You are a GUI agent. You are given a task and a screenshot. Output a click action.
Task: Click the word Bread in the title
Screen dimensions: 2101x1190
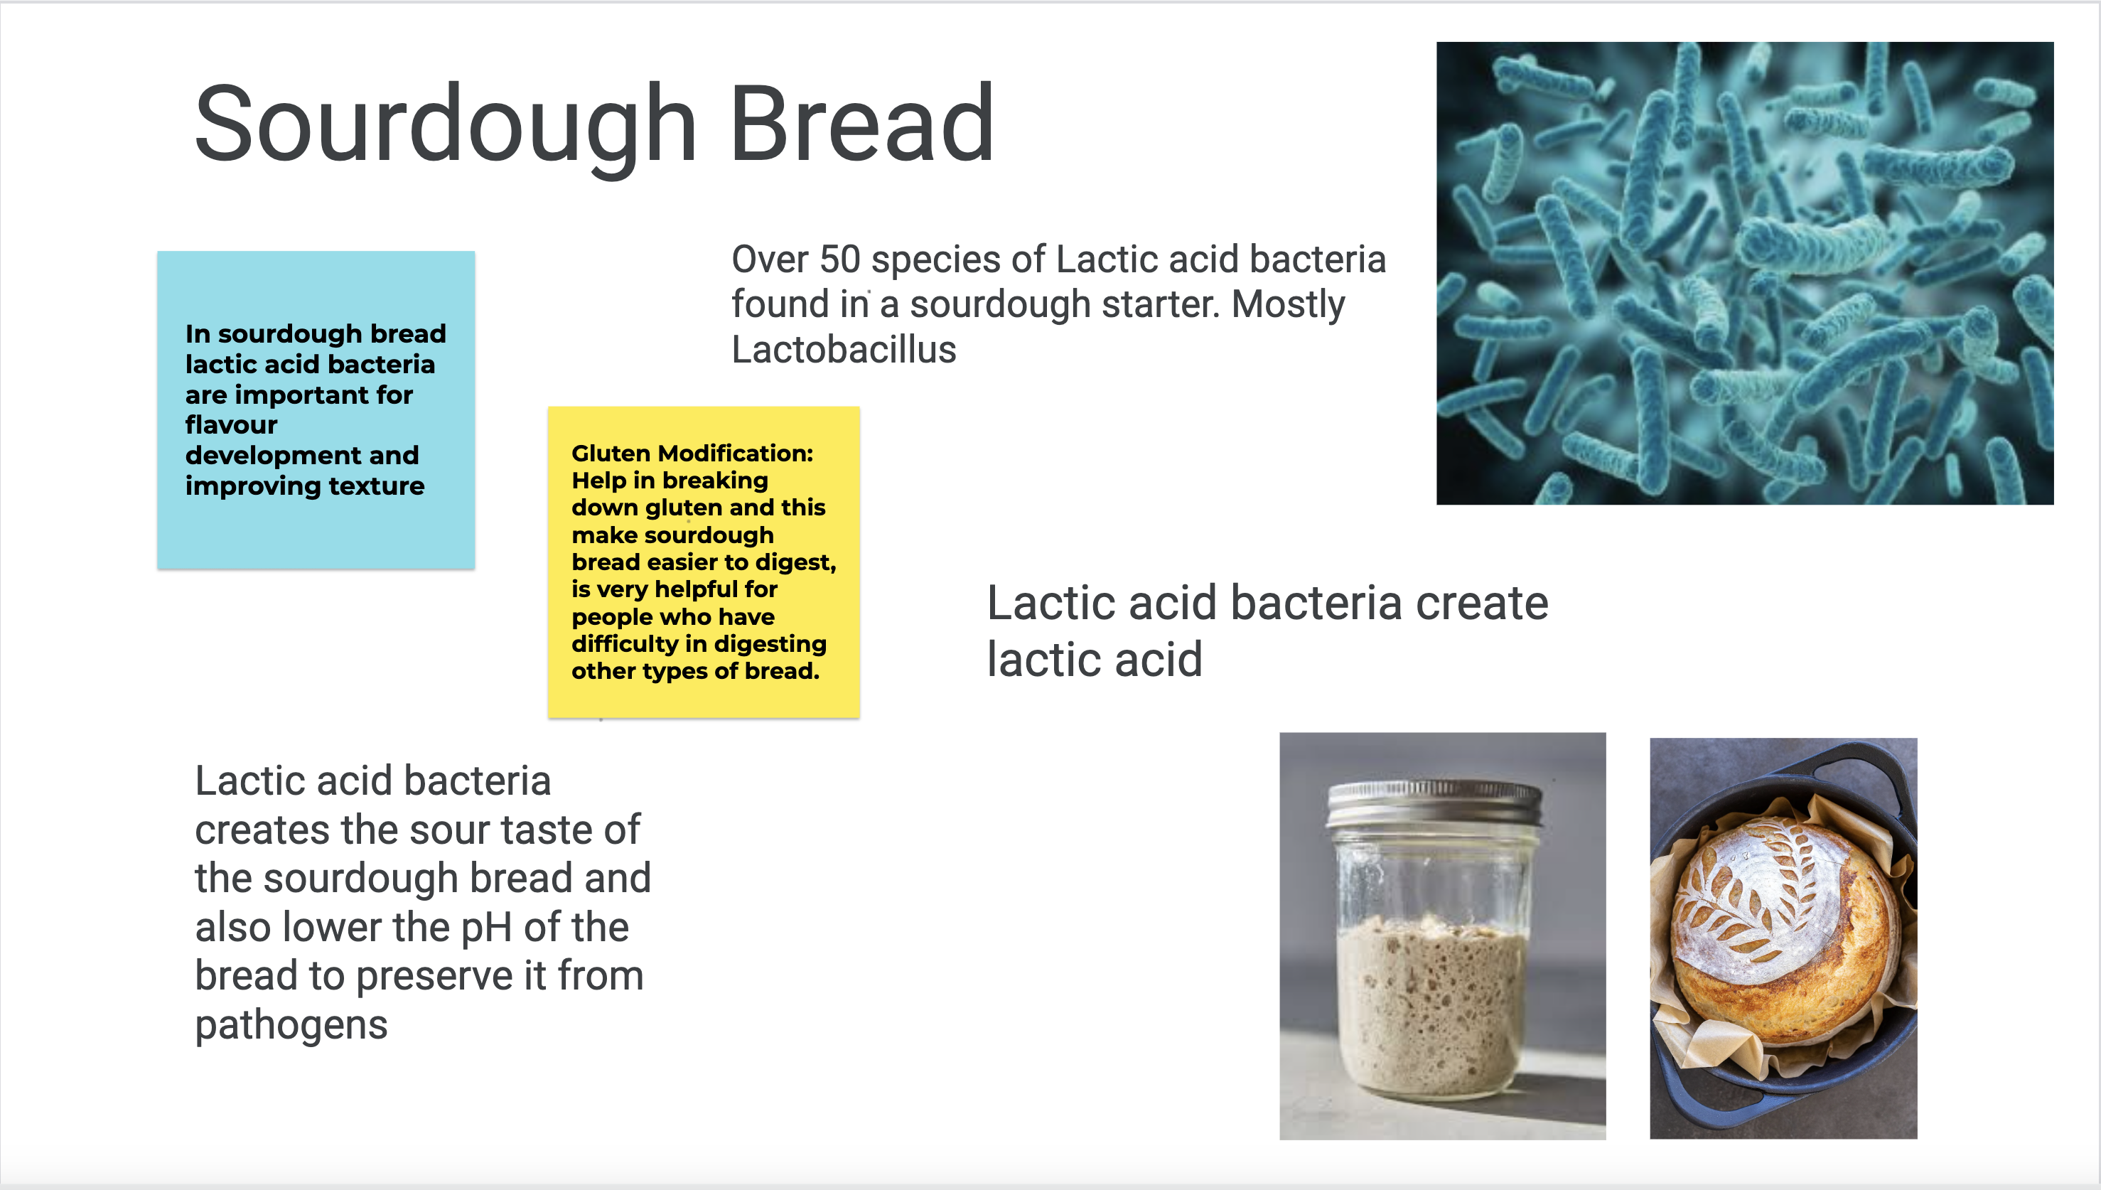[862, 122]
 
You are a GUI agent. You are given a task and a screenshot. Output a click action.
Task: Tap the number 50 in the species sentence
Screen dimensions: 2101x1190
[840, 260]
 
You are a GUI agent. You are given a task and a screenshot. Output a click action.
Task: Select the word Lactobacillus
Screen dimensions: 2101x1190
[844, 350]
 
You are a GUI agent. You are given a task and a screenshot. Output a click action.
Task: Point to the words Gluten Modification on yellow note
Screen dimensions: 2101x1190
[692, 454]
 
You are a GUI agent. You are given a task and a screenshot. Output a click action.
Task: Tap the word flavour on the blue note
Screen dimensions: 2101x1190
[231, 425]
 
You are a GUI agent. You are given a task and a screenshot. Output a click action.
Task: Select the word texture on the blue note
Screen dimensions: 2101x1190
[377, 486]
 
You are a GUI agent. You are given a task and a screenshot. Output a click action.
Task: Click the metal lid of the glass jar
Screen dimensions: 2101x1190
[1434, 803]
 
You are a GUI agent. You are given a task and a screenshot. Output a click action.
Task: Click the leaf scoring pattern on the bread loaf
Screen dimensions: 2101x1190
[1757, 891]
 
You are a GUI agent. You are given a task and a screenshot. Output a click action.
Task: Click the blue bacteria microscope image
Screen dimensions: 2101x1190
[1745, 273]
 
